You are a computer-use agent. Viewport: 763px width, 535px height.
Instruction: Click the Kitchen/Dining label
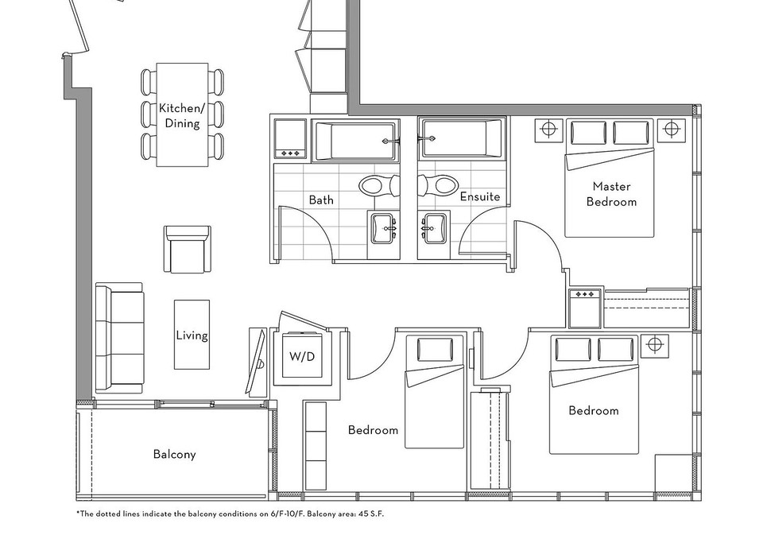(x=180, y=115)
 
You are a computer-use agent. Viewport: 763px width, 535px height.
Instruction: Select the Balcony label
(x=174, y=454)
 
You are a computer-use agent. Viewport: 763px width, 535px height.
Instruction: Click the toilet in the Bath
(x=378, y=185)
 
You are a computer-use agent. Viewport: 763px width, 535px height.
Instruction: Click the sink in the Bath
(x=383, y=228)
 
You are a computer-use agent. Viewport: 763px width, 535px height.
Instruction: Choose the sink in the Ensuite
(x=434, y=228)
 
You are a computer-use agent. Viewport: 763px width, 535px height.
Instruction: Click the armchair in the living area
(x=188, y=249)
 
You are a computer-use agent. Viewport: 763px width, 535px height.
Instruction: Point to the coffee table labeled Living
(x=192, y=335)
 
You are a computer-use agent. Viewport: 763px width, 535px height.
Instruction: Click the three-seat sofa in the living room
(x=120, y=339)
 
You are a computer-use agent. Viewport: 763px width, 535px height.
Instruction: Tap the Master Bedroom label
(x=611, y=194)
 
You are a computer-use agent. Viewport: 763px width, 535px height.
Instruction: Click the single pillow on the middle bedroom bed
(x=436, y=350)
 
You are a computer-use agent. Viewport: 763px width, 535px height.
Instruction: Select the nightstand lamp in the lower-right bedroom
(x=655, y=345)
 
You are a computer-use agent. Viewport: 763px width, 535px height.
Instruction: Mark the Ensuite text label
(x=480, y=196)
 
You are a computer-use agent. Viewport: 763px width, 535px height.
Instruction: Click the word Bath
(x=321, y=200)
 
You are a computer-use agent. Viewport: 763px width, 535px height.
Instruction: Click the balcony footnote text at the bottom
(x=230, y=514)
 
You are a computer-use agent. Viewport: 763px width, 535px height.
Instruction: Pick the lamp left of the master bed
(x=548, y=130)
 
